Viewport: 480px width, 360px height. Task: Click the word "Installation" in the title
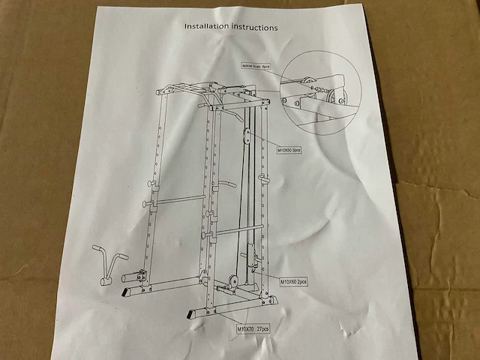pos(207,27)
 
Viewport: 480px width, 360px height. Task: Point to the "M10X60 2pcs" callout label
pos(294,282)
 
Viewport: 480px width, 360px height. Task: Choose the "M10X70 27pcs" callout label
pos(253,328)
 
